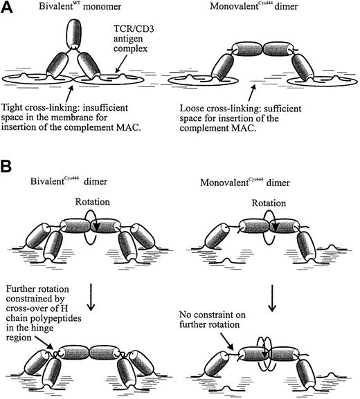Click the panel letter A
tap(10, 8)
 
